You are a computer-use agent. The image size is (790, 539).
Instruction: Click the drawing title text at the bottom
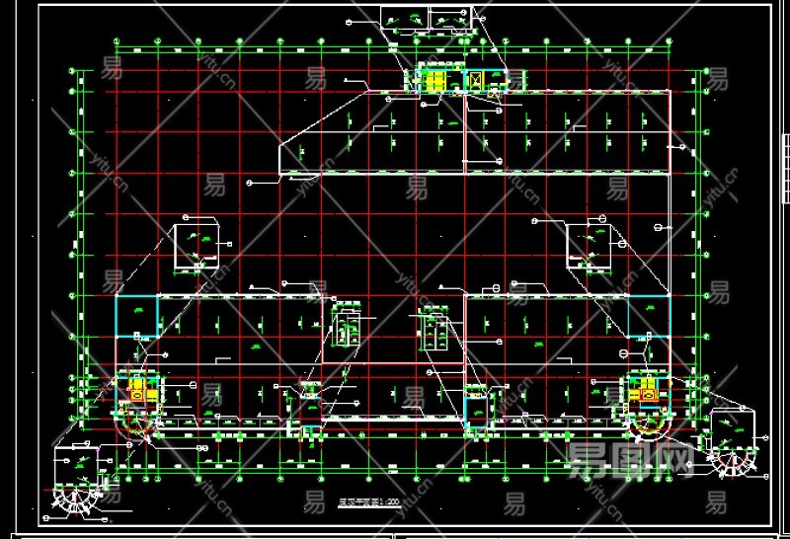click(368, 502)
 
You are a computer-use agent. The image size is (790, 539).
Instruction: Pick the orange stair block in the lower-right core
click(649, 393)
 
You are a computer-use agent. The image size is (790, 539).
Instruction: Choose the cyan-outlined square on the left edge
click(136, 315)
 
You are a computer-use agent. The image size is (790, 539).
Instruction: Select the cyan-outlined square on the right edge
click(648, 315)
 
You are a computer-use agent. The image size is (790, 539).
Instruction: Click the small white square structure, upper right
click(589, 246)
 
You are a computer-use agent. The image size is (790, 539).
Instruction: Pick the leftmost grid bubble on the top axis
click(118, 41)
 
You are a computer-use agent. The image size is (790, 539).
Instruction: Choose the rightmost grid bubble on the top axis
click(673, 41)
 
